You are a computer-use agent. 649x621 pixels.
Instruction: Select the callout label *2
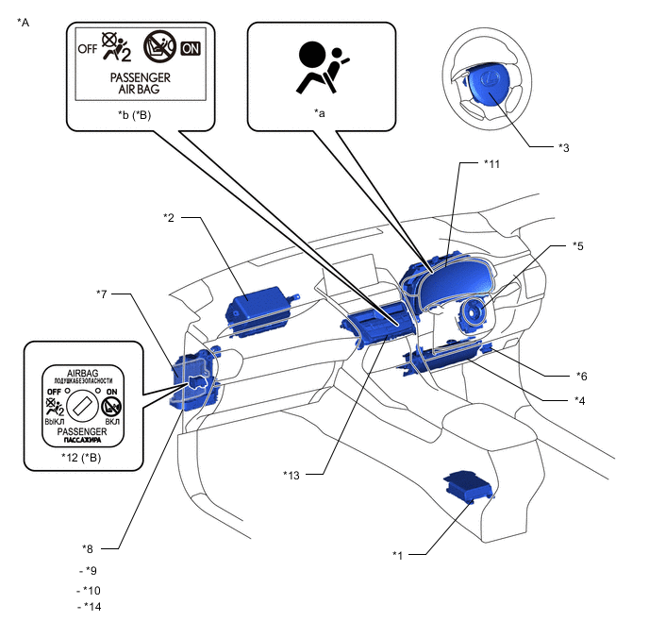(169, 218)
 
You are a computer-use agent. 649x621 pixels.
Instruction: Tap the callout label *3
(563, 147)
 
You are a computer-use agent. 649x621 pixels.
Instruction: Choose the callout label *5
(578, 246)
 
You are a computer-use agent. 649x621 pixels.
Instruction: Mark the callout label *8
(89, 548)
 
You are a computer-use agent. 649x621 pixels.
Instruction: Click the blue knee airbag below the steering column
(440, 357)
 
